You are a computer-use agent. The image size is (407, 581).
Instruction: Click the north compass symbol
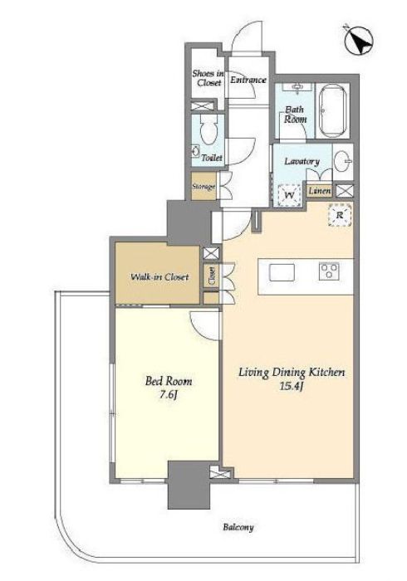click(x=359, y=41)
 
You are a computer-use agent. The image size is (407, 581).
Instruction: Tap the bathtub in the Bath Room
click(x=333, y=111)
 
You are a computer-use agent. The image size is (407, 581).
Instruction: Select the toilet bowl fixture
click(x=208, y=129)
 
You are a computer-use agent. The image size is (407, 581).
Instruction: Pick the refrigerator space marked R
click(x=340, y=214)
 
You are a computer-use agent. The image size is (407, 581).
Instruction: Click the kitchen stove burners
click(x=329, y=271)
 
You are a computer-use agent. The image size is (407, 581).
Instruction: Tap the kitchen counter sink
click(x=282, y=273)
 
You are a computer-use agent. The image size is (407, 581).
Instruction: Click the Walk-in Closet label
click(x=159, y=276)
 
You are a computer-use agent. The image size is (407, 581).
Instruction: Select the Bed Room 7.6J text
click(x=169, y=388)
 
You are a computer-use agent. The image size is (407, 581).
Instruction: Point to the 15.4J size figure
click(x=292, y=387)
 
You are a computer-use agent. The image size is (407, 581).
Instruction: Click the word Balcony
click(x=238, y=527)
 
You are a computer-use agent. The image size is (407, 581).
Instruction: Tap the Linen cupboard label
click(x=320, y=191)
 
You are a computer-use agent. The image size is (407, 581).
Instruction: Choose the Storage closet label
click(x=203, y=187)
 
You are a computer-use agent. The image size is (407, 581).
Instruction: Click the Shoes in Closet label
click(x=208, y=78)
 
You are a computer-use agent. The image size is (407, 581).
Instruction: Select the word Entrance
click(x=248, y=80)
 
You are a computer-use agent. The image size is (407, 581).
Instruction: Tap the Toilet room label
click(x=212, y=158)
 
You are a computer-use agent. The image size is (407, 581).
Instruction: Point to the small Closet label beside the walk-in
click(x=212, y=276)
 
